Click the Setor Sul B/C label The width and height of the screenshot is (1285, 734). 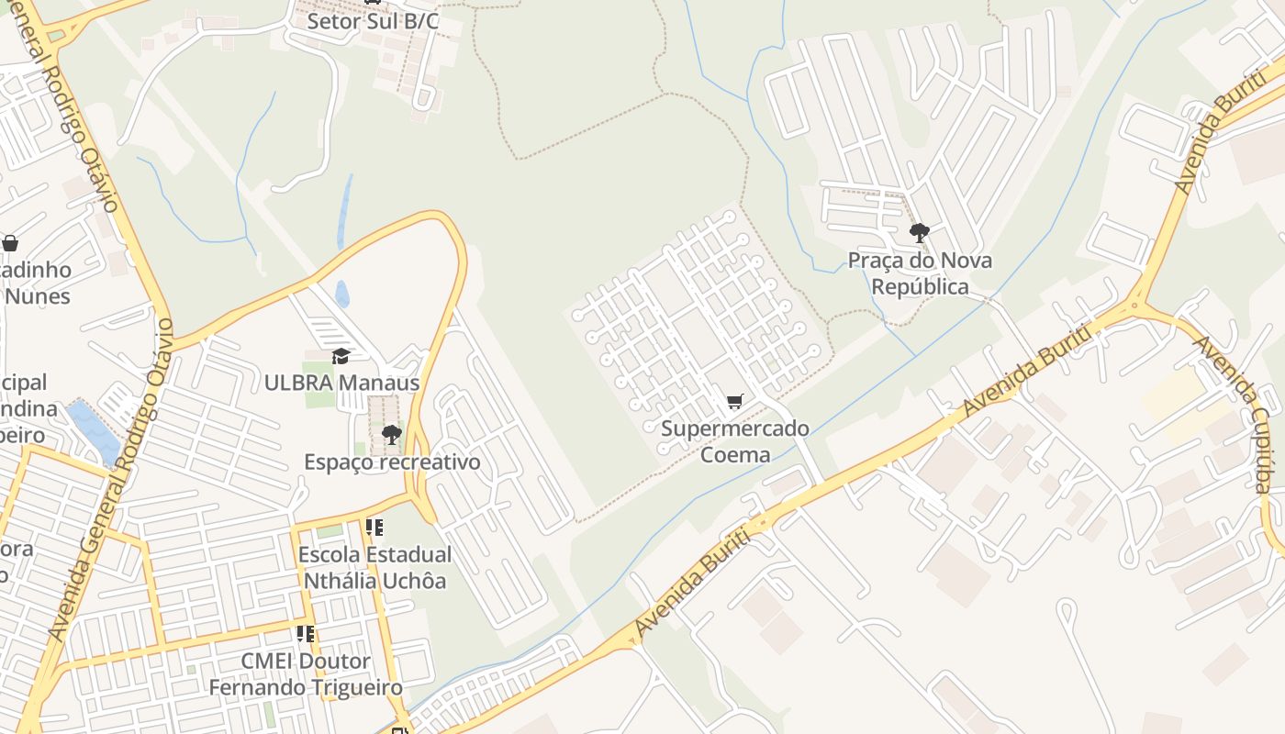click(373, 21)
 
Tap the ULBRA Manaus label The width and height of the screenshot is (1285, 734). click(341, 383)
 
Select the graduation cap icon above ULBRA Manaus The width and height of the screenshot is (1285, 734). click(341, 356)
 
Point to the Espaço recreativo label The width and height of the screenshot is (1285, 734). click(392, 462)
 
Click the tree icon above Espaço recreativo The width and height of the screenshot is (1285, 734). click(392, 434)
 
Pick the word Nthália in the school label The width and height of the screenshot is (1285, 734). click(340, 581)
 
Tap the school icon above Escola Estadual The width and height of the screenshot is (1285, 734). click(374, 528)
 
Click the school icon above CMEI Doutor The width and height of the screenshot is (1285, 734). click(306, 634)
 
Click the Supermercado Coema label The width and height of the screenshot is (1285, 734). click(735, 441)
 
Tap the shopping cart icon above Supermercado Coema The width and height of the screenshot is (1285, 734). click(734, 402)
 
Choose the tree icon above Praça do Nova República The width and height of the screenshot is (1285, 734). click(919, 233)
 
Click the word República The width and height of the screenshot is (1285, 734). click(920, 287)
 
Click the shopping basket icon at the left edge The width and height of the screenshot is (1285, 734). click(10, 243)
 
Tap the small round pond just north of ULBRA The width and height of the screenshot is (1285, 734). click(342, 294)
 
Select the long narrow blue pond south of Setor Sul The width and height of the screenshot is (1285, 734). click(345, 211)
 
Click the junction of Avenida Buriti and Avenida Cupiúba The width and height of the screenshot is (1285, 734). click(1136, 303)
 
